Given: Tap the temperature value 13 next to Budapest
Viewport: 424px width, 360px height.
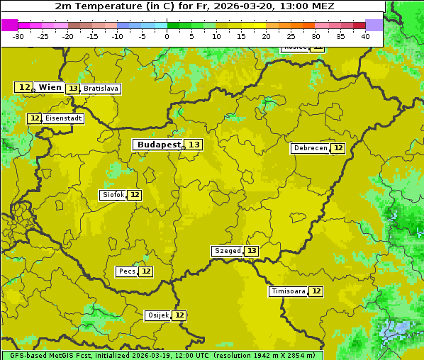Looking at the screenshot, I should (194, 145).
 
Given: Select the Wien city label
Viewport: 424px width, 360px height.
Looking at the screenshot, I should (50, 87).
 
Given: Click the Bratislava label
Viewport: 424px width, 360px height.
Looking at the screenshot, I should (100, 89).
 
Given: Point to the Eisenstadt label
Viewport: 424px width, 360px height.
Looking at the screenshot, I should (63, 118).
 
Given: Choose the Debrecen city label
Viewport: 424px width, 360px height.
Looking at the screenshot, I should (310, 148).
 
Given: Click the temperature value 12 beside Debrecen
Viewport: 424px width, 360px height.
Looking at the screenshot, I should (338, 148).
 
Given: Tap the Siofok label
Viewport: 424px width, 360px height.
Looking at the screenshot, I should (113, 195).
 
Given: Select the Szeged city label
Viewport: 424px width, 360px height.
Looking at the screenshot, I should (228, 251).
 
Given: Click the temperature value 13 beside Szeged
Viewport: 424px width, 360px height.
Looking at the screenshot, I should (252, 251).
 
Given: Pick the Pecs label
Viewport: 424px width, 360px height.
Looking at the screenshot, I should (127, 271).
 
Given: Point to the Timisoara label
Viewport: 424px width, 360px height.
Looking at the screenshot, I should (288, 291).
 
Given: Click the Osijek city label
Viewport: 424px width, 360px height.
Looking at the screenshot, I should (158, 315).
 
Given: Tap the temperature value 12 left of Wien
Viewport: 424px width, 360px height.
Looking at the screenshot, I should (24, 87).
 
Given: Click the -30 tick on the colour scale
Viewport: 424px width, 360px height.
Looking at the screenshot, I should (18, 35).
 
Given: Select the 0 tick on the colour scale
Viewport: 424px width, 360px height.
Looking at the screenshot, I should (167, 35).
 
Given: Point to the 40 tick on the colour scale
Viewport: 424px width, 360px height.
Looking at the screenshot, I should (365, 35).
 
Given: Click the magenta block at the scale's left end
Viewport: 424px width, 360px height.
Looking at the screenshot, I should (9, 25).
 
